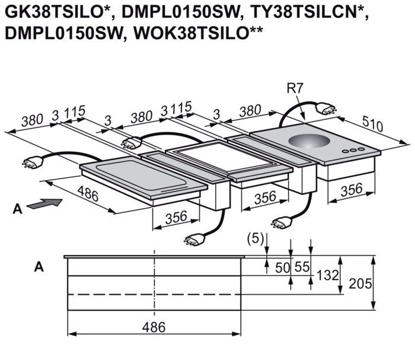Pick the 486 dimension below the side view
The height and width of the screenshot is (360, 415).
tap(154, 326)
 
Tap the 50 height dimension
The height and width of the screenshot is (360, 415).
tap(283, 267)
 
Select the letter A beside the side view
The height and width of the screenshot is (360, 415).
tap(39, 267)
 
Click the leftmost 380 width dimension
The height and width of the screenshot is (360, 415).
tap(32, 120)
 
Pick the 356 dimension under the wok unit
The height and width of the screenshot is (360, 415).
tap(352, 190)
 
